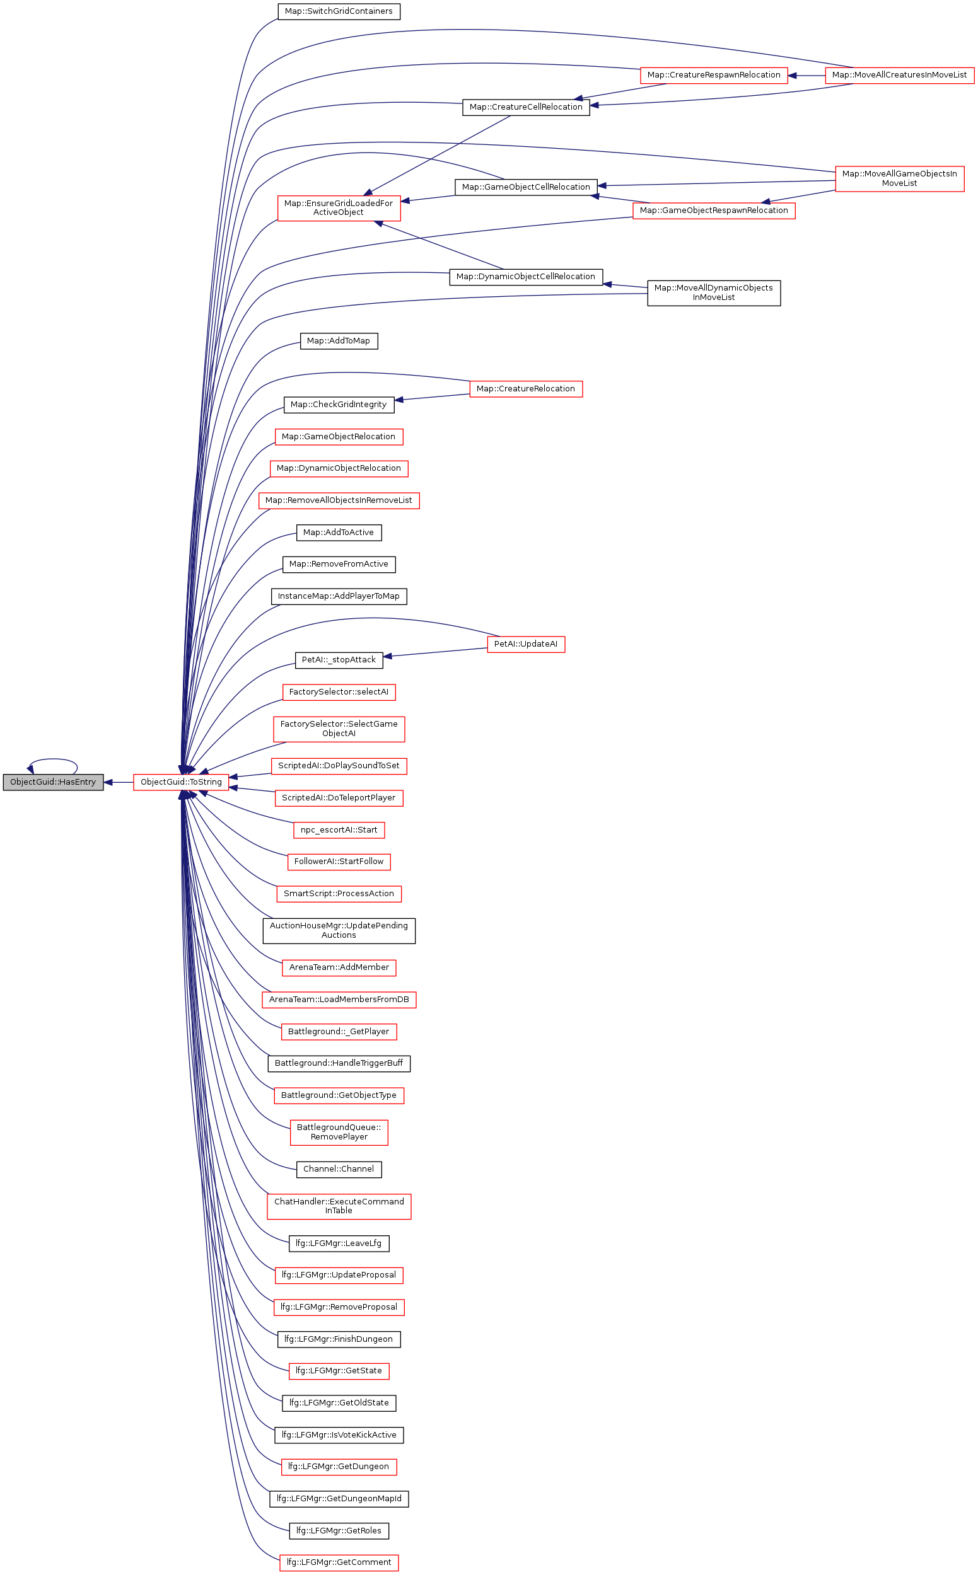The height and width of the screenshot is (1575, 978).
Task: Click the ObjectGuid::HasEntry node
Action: [x=53, y=782]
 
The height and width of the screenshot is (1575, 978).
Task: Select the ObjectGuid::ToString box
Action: [x=181, y=782]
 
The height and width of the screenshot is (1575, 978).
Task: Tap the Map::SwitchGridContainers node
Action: [x=338, y=11]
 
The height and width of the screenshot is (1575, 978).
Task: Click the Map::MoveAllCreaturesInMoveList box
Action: [x=899, y=75]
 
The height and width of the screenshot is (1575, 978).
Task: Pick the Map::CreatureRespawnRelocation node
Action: [x=713, y=75]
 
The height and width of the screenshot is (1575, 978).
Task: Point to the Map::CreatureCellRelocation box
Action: [x=526, y=107]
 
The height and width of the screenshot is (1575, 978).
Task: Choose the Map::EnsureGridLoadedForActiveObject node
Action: [x=338, y=208]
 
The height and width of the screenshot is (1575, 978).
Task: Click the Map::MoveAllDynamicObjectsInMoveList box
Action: [x=713, y=293]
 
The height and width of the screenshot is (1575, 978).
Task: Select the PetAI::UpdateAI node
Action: [x=525, y=644]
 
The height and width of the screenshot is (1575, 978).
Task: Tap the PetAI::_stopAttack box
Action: [x=338, y=660]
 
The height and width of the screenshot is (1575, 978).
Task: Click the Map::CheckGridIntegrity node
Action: [x=338, y=405]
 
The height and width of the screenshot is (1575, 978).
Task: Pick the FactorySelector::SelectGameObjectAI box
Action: [x=338, y=729]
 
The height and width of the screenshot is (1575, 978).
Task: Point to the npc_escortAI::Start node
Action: [x=338, y=830]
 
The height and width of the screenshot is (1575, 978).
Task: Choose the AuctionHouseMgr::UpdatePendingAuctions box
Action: [x=338, y=930]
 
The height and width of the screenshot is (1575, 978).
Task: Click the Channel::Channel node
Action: [x=338, y=1169]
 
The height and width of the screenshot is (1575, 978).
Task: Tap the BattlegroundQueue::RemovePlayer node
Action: [x=338, y=1132]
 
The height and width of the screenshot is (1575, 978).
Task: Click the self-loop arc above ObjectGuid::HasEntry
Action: [x=53, y=759]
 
